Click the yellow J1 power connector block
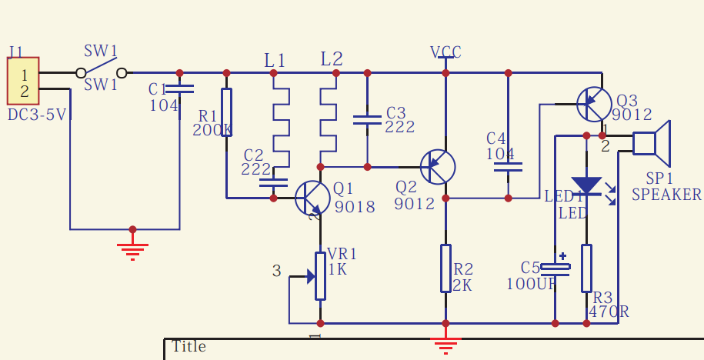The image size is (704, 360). [23, 81]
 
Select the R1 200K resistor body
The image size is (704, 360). [227, 112]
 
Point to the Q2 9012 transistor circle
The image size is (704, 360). [438, 167]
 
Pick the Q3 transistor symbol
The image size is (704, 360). [594, 104]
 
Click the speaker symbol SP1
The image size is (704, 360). [652, 144]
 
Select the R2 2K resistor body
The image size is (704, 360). [445, 268]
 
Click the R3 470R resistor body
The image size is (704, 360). [586, 268]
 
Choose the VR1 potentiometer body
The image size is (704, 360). [320, 276]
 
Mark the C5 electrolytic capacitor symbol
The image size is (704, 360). [556, 267]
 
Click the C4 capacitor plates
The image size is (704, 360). [508, 167]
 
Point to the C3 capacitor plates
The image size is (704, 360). [367, 120]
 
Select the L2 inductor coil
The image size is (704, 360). [329, 120]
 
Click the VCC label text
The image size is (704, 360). [445, 52]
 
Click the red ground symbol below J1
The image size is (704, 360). [132, 252]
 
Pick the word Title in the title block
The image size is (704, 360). [189, 346]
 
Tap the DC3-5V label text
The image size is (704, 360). [37, 115]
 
